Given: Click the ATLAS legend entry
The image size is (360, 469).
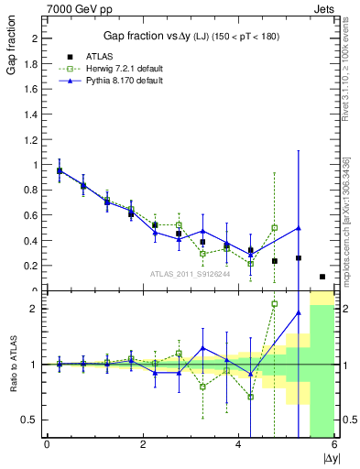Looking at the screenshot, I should tap(101, 57).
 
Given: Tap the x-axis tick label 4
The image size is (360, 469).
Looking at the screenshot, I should tap(238, 445).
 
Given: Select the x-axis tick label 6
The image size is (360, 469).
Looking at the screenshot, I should tap(334, 445).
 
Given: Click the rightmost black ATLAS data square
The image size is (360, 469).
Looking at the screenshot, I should tap(322, 277).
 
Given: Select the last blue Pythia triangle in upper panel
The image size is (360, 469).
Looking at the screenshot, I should tap(299, 227).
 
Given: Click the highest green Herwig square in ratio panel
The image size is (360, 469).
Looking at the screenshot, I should tap(274, 303).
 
